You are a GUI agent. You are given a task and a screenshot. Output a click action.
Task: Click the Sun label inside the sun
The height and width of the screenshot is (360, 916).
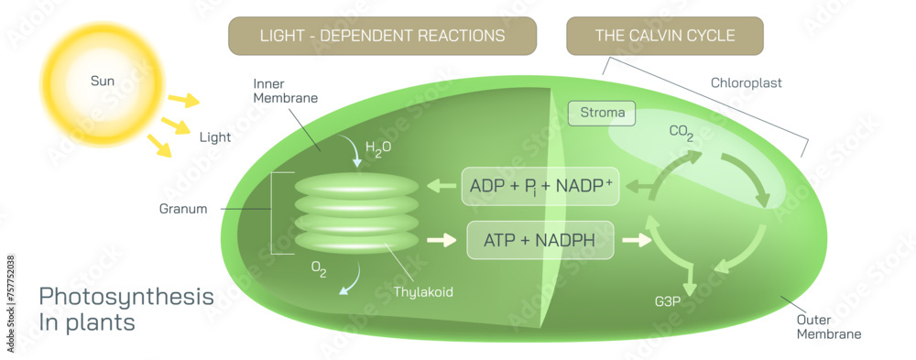[x=102, y=82]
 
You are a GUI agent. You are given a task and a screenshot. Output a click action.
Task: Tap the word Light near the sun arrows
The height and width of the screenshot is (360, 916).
[x=214, y=137]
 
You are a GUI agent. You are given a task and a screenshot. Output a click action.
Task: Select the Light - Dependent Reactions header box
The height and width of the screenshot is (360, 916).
[x=382, y=36]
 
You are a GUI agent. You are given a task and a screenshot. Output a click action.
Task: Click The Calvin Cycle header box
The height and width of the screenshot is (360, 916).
[x=664, y=36]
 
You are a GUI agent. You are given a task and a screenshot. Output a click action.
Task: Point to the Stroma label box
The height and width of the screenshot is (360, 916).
[x=602, y=114]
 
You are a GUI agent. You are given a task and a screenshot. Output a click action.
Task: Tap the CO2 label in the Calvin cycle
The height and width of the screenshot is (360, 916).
[x=682, y=133]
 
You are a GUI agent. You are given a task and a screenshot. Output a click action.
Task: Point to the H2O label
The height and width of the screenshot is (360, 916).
[x=378, y=149]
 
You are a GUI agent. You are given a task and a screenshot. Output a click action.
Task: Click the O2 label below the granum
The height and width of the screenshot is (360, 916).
[x=318, y=272]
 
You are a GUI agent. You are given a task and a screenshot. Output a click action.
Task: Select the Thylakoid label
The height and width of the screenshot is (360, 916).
[x=423, y=292]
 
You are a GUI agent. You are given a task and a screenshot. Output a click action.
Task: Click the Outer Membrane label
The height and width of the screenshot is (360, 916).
[x=828, y=326]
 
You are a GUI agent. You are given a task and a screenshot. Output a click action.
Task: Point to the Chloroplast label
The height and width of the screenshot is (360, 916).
[x=747, y=82]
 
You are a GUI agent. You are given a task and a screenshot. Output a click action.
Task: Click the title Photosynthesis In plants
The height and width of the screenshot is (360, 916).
[x=126, y=310]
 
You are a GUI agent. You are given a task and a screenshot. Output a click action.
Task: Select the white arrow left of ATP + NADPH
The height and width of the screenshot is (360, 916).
[x=442, y=241]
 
